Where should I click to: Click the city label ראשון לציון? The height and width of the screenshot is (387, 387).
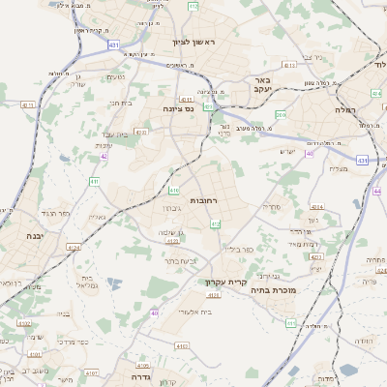(191, 42)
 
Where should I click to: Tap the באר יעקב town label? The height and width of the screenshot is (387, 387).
(259, 85)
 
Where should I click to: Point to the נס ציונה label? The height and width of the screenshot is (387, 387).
(177, 108)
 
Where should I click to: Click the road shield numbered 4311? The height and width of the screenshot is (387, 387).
(27, 104)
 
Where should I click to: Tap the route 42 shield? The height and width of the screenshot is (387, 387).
(103, 155)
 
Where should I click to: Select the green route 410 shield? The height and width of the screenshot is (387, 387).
(174, 191)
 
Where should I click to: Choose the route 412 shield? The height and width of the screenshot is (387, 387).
(215, 223)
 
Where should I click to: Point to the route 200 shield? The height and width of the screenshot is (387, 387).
(281, 115)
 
